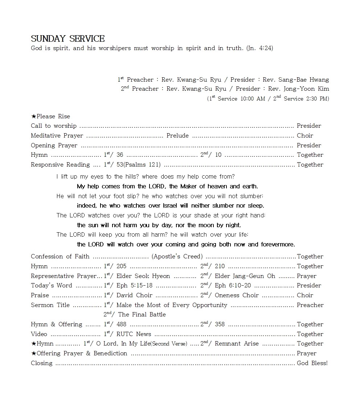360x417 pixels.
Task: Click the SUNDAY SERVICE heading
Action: tap(67, 38)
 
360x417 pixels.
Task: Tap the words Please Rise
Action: tap(53, 116)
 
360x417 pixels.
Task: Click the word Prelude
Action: tap(177, 135)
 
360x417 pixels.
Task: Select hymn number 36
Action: tap(120, 155)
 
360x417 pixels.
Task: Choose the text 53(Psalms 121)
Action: tap(138, 164)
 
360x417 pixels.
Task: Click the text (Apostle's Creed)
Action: tap(177, 256)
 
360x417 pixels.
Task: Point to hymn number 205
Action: tap(121, 266)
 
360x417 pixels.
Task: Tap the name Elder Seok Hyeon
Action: tap(143, 276)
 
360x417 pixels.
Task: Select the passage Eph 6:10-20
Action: tap(233, 285)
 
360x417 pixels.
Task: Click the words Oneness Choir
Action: tap(237, 295)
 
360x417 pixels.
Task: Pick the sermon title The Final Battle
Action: tap(142, 314)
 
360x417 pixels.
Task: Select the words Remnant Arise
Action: tap(237, 343)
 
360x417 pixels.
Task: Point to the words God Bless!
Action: tap(312, 363)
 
